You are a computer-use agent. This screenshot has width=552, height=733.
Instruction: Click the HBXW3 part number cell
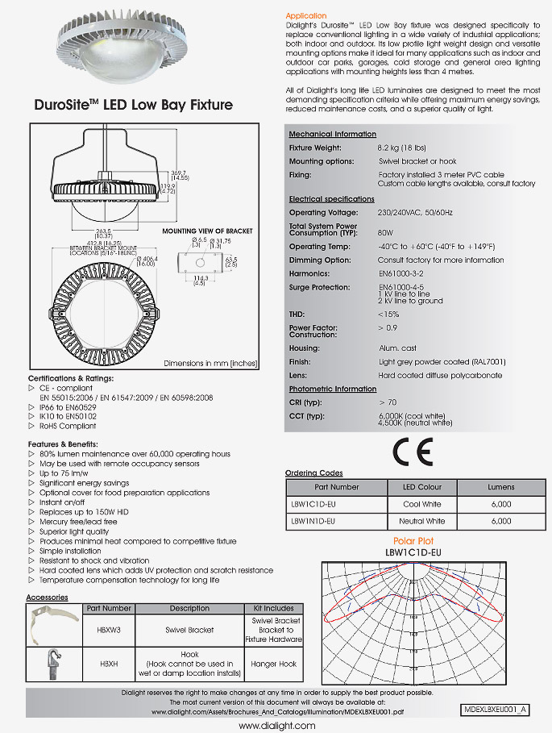(107, 629)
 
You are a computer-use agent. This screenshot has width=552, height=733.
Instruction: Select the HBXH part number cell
(107, 664)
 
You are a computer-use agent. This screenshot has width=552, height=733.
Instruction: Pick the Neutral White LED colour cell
(422, 521)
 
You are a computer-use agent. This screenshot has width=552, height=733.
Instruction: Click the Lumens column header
(500, 487)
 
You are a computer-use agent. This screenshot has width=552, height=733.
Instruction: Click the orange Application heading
(306, 15)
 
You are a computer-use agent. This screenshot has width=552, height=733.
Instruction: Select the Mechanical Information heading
(332, 134)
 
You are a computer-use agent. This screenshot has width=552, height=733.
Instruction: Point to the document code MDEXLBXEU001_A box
(496, 709)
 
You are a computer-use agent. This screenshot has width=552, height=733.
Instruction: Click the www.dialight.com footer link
(276, 726)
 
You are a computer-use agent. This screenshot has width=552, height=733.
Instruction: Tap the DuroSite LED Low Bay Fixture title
(134, 105)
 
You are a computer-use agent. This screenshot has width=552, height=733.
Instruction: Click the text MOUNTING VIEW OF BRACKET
(207, 231)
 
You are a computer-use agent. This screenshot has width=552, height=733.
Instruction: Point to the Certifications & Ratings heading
(71, 377)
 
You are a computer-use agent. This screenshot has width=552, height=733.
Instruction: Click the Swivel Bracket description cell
(189, 629)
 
